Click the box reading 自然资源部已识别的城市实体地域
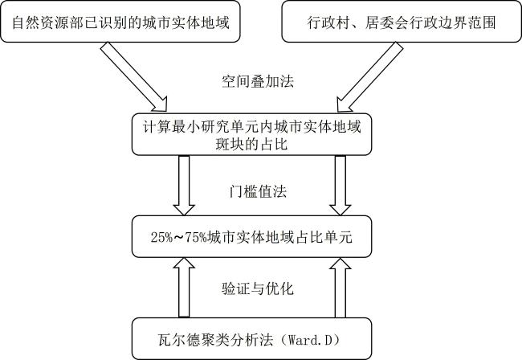tap(120, 22)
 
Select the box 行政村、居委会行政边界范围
tap(402, 22)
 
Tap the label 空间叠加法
tap(258, 81)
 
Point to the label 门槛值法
tap(258, 192)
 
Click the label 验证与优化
tap(258, 288)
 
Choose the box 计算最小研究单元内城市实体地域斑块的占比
tap(251, 134)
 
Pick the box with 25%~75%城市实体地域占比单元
tap(251, 237)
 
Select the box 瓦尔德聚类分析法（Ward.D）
tap(251, 338)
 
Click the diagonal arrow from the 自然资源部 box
tap(133, 77)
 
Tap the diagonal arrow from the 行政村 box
tap(370, 77)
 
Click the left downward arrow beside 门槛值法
tap(184, 186)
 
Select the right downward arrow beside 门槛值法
tap(341, 186)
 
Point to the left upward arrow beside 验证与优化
tap(184, 288)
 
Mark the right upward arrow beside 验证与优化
tap(341, 288)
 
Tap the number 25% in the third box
tap(161, 237)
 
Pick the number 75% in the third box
tap(197, 237)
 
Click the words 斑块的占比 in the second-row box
tap(251, 145)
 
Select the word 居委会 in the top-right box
tap(386, 22)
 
